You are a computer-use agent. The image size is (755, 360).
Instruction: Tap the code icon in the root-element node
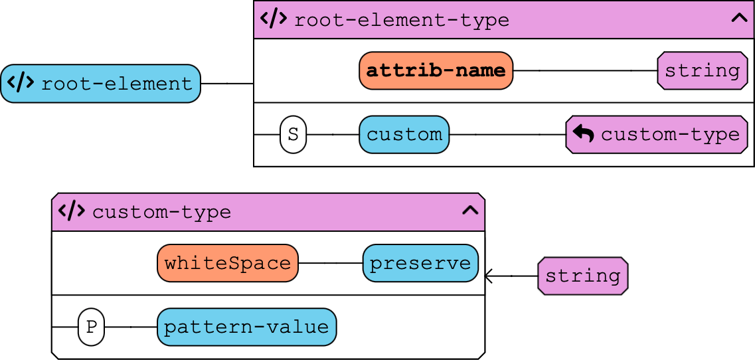[x=21, y=83]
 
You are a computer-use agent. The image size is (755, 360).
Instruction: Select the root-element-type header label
[x=401, y=20]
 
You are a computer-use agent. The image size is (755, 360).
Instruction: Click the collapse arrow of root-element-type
[x=739, y=19]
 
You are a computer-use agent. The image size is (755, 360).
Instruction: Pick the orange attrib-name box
[x=436, y=70]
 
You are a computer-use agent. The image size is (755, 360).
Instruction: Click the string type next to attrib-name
[x=702, y=70]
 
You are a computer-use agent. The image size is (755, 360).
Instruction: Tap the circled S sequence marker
[x=293, y=134]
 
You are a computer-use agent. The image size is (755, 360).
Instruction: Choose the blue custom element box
[x=404, y=134]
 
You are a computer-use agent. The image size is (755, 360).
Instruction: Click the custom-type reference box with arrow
[x=657, y=134]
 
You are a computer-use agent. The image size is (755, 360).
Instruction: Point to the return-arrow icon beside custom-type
[x=583, y=134]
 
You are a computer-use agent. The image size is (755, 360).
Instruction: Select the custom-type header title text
[x=161, y=213]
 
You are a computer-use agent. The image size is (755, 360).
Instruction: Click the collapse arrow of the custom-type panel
[x=470, y=211]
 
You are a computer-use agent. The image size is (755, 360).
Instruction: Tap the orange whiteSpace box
[x=227, y=263]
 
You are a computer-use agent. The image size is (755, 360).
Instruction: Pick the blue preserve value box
[x=420, y=263]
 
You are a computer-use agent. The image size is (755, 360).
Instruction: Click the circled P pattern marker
[x=91, y=327]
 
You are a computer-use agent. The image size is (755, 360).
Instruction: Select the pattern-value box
[x=246, y=327]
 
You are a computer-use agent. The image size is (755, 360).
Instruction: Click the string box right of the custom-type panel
[x=582, y=276]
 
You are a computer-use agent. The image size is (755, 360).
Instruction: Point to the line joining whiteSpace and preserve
[x=330, y=263]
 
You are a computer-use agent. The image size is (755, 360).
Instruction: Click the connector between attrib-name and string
[x=585, y=70]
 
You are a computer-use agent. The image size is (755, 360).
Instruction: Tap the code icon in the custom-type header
[x=72, y=211]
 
